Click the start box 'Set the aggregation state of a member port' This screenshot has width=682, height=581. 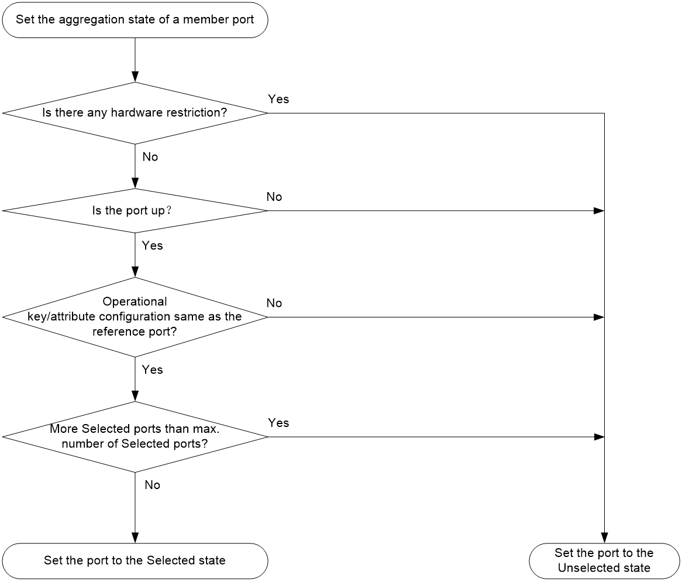coord(135,20)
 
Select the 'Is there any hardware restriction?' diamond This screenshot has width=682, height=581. coord(135,113)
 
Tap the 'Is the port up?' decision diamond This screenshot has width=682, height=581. coord(135,211)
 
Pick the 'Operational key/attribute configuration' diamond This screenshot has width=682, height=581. coord(135,317)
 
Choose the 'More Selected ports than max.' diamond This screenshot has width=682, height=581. coord(135,437)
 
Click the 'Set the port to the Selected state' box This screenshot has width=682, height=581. coord(135,561)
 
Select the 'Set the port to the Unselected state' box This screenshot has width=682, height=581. coord(604,561)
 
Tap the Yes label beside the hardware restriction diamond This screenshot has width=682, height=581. coord(278,100)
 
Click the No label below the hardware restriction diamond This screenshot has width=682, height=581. coord(150,157)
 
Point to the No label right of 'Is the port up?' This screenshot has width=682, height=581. coord(274,197)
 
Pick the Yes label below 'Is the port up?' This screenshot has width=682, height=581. coord(152,245)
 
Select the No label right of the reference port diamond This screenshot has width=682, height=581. coord(274,303)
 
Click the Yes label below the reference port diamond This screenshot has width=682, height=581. coord(152,370)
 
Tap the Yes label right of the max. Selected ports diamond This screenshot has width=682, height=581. coord(278,423)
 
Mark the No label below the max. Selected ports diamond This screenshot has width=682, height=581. coord(152,485)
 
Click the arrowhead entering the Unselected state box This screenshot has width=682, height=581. coord(604,538)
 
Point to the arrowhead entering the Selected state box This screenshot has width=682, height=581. coord(135,538)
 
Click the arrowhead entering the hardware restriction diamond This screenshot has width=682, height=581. coord(135,77)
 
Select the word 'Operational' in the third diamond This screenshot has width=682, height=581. coord(135,302)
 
